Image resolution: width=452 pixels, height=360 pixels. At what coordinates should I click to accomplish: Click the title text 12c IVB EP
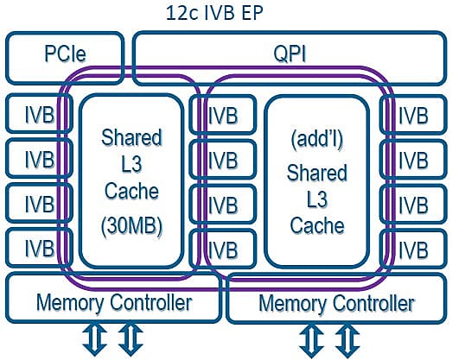[214, 13]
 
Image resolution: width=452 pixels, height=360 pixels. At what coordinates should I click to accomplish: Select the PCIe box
[65, 58]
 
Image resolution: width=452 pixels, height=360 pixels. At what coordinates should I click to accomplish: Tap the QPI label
[290, 54]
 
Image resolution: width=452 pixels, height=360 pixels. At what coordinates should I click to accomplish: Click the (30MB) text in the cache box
[131, 226]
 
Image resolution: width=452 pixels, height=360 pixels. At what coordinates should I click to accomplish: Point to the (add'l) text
[317, 140]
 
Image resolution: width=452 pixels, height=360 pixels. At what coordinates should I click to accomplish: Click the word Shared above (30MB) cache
[131, 137]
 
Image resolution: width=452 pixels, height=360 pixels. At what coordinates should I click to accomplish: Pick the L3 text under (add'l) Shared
[317, 199]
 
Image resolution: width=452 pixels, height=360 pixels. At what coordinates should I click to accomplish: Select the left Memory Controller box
[114, 297]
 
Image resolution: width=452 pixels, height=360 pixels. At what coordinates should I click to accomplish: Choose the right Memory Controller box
[336, 298]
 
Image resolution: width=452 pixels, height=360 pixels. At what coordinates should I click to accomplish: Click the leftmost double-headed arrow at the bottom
[95, 340]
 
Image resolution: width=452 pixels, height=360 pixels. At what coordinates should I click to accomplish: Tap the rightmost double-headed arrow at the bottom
[347, 341]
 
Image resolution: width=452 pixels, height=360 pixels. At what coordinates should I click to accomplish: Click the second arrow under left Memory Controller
[131, 340]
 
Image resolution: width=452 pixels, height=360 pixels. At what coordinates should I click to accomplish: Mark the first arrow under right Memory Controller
[311, 341]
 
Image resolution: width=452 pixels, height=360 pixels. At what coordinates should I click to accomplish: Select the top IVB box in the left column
[39, 114]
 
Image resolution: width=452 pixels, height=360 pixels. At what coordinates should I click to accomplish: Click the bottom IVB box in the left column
[39, 248]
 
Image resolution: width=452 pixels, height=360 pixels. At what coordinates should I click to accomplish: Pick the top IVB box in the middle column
[223, 115]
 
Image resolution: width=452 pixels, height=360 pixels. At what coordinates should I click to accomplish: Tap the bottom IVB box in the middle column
[223, 249]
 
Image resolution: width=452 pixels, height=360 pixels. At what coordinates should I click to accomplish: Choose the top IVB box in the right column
[413, 115]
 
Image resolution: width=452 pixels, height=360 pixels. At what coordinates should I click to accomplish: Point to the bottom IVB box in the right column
[413, 249]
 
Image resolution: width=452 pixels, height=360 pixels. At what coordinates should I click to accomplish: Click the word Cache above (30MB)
[131, 191]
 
